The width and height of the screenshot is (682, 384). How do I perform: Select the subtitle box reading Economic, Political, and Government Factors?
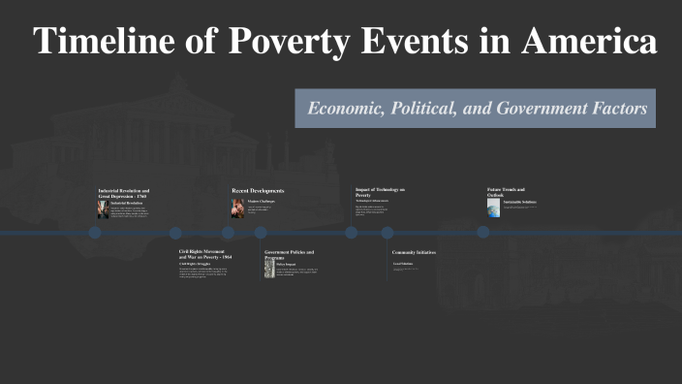tap(476, 109)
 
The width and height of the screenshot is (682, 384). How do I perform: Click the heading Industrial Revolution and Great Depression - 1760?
tap(124, 193)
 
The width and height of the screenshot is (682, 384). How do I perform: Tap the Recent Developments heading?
tap(258, 191)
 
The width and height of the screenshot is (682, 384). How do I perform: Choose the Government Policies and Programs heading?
tap(290, 254)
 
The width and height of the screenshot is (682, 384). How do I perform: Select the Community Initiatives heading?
tap(414, 252)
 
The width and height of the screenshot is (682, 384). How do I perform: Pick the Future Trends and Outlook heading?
tap(506, 192)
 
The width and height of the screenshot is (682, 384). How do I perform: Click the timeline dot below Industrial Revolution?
tap(95, 233)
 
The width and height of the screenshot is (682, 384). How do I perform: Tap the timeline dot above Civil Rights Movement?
tap(175, 233)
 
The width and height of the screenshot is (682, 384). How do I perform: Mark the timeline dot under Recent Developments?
tap(229, 233)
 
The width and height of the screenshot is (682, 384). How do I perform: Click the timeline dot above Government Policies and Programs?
tap(261, 233)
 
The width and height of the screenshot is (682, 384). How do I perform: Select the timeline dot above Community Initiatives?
tap(387, 233)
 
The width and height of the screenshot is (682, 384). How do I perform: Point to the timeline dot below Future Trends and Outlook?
tap(483, 233)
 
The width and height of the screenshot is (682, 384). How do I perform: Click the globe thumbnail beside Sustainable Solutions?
tap(494, 208)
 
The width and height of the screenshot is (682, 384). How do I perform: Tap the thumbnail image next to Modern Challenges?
tap(237, 208)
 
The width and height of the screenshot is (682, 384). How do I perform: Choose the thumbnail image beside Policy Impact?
tap(269, 269)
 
